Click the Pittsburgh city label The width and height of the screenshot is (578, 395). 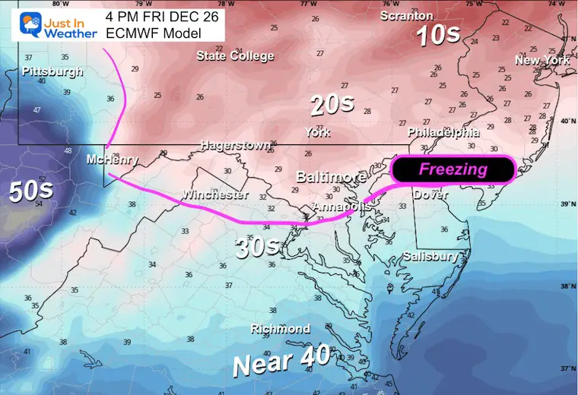52,71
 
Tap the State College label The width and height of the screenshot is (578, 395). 235,55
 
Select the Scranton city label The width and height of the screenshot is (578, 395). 406,16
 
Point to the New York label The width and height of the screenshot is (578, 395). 542,60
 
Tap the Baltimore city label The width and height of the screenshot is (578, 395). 331,177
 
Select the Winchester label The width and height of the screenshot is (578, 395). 214,195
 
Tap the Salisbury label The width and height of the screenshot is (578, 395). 430,256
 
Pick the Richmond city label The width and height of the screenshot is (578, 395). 281,329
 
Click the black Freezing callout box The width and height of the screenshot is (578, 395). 453,169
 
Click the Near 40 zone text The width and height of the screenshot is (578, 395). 281,359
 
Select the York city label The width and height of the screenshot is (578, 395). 317,132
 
